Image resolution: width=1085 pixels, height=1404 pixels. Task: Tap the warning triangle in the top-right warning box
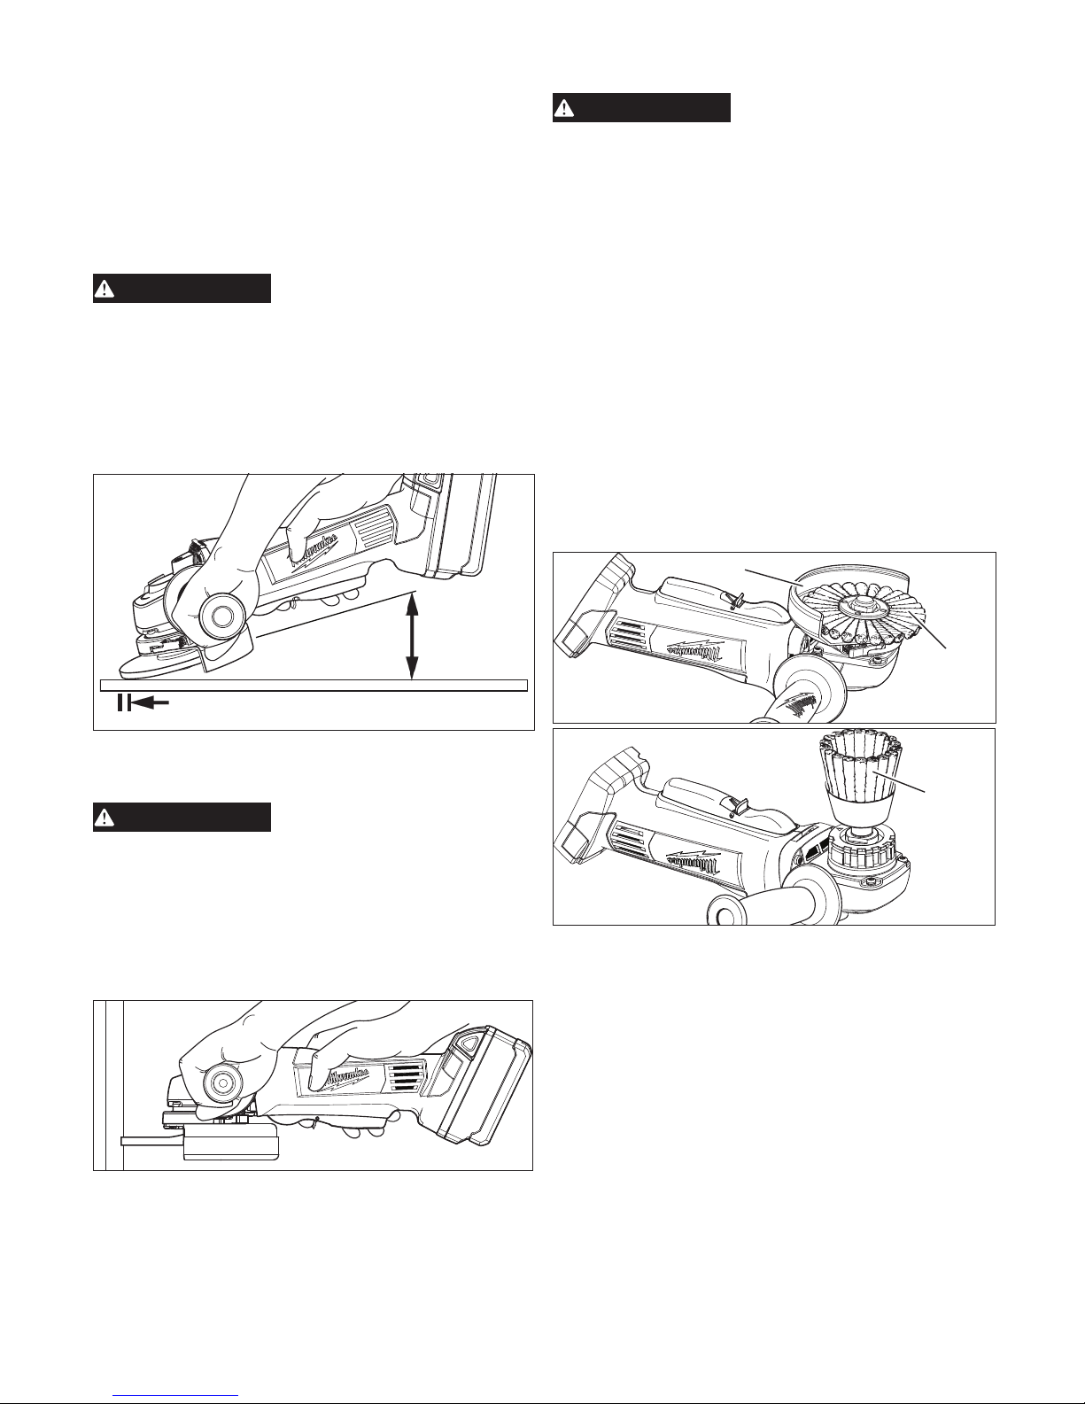tap(563, 109)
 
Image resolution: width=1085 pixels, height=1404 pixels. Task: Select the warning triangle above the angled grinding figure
tap(104, 289)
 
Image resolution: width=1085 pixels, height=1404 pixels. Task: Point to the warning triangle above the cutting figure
tap(104, 818)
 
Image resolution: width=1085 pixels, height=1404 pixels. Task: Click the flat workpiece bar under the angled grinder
tap(314, 685)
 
